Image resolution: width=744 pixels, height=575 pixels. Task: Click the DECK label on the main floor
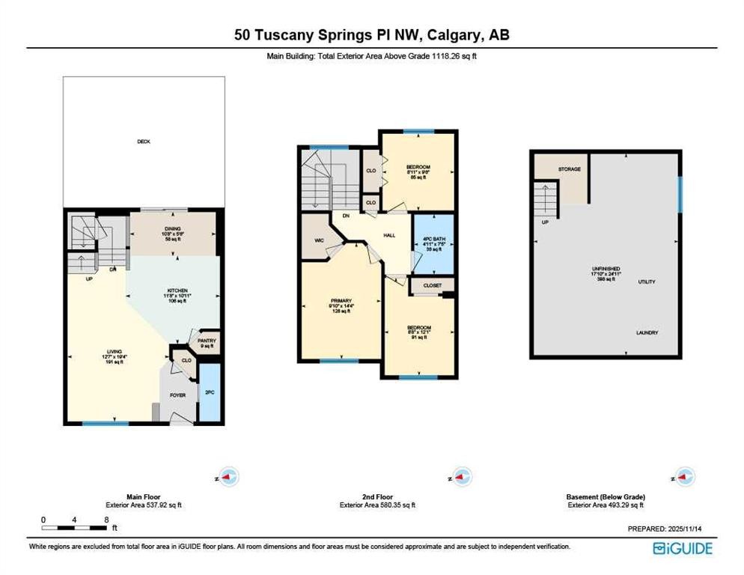143,141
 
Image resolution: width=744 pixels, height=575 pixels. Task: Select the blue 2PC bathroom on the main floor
210,392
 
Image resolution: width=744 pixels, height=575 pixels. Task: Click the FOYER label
177,395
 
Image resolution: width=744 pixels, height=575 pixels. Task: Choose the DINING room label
174,229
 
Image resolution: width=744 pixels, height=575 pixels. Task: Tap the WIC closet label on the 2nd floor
318,242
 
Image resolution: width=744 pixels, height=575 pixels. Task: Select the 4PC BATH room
433,243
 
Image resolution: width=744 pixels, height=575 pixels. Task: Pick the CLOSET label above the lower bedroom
433,285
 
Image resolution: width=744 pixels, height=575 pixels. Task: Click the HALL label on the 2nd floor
389,234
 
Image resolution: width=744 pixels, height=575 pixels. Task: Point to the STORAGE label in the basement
569,169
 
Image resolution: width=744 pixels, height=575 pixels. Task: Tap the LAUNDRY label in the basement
648,332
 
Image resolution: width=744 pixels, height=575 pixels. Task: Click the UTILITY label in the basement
647,282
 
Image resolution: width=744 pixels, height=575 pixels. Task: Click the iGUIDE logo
682,549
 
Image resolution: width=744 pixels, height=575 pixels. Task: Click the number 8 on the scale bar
107,519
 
